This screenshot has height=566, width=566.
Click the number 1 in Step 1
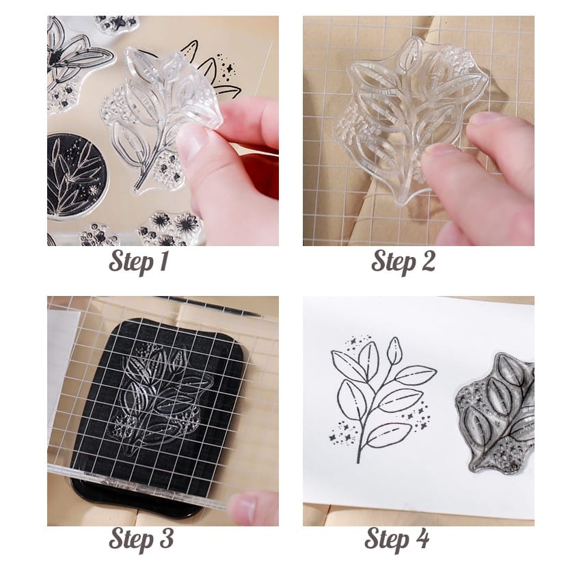point(163,261)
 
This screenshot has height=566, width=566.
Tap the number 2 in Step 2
point(427,261)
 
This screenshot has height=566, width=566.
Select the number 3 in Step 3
point(165,539)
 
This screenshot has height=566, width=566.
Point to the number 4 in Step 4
point(421,539)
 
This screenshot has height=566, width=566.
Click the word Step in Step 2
point(394,262)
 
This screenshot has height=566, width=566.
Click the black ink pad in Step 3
point(159,401)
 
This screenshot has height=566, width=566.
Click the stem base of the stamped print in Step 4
point(358,459)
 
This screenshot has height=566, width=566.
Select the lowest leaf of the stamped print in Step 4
point(388,435)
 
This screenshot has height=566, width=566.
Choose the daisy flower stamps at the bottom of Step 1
point(170,228)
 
